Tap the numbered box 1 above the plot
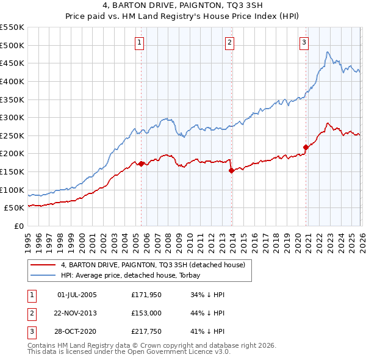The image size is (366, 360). (140, 42)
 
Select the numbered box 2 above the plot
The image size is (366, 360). (229, 42)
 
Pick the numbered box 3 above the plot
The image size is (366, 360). (304, 42)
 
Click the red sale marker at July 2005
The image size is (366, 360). (141, 164)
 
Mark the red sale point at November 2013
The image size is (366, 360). (231, 171)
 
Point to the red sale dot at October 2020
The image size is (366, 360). (306, 147)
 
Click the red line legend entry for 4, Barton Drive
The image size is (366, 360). (152, 265)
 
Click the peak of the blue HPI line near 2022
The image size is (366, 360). (328, 52)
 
